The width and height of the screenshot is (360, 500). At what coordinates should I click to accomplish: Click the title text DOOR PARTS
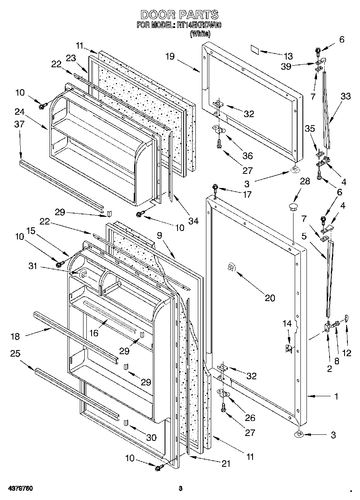180,15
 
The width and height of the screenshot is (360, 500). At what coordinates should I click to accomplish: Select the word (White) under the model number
200,34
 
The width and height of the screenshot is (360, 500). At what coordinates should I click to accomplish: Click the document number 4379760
20,489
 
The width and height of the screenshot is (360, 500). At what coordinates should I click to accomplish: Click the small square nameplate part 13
254,49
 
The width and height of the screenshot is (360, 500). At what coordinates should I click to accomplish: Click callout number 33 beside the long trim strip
345,96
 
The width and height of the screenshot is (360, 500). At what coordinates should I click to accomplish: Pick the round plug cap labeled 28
293,208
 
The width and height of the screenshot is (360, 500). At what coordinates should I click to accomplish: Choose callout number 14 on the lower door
287,323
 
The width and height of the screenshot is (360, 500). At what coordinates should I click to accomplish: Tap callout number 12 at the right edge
347,353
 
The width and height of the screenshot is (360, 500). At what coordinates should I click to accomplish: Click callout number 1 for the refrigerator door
336,397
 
